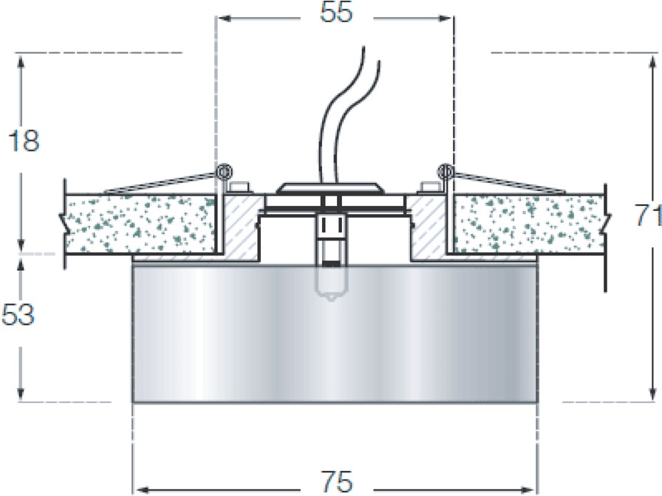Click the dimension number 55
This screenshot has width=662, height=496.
336,13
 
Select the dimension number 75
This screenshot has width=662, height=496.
336,481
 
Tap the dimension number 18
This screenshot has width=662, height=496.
23,141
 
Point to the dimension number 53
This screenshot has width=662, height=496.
18,314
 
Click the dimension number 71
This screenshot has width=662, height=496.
648,215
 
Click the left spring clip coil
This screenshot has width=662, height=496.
223,171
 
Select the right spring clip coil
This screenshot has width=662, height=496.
446,171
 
